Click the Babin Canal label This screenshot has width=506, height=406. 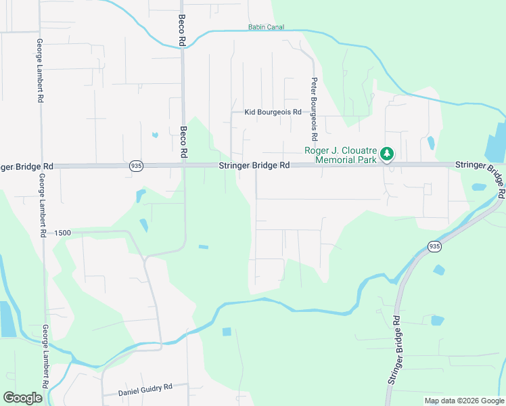pyautogui.click(x=266, y=28)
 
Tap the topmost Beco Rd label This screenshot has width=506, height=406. pyautogui.click(x=181, y=30)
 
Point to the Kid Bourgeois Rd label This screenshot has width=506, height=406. pyautogui.click(x=273, y=112)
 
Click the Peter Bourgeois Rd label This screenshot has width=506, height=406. pyautogui.click(x=314, y=101)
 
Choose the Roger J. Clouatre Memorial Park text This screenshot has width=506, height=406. pyautogui.click(x=340, y=155)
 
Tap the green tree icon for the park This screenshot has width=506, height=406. pyautogui.click(x=387, y=154)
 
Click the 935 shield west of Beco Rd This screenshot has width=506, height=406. pyautogui.click(x=137, y=166)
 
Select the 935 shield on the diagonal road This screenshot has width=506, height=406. pyautogui.click(x=434, y=247)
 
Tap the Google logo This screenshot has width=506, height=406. pyautogui.click(x=23, y=398)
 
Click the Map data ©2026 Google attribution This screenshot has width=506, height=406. pyautogui.click(x=464, y=401)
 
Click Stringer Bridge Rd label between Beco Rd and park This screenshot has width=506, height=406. pyautogui.click(x=254, y=165)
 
